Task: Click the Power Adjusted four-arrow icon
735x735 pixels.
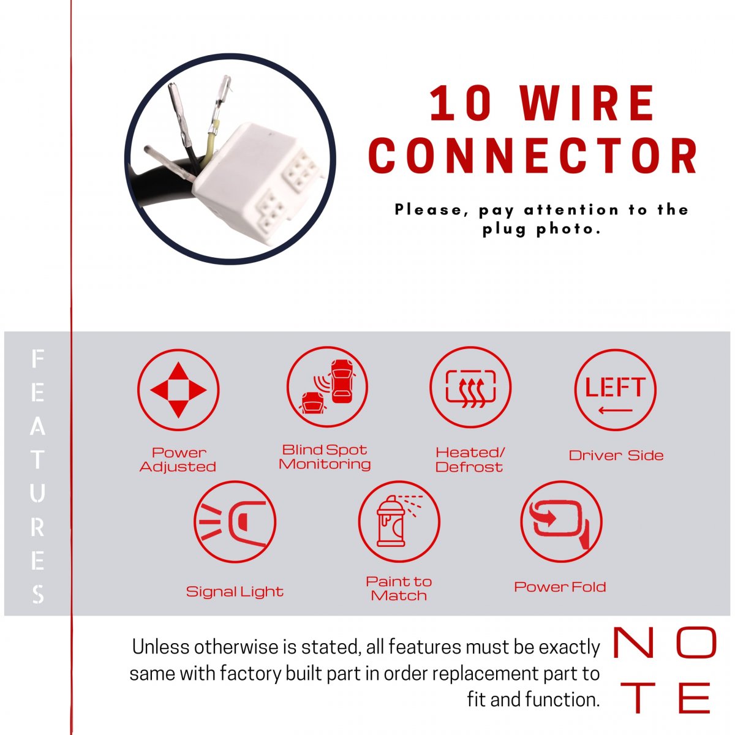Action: tap(178, 390)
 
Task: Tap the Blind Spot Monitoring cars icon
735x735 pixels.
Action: tap(327, 386)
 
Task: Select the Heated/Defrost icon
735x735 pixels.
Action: tap(470, 386)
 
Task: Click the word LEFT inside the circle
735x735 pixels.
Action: tap(615, 386)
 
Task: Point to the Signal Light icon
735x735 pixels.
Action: tap(235, 521)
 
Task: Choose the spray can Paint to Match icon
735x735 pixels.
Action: tap(399, 521)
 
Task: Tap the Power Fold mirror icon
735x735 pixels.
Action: tap(561, 521)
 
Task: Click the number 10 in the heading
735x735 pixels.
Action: tap(460, 103)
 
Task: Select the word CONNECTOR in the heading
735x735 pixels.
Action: tap(533, 156)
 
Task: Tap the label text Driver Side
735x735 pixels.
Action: tap(616, 455)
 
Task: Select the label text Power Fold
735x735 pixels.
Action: tap(560, 587)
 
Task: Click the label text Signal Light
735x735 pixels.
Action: tap(235, 592)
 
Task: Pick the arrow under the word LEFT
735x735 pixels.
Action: tap(615, 410)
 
